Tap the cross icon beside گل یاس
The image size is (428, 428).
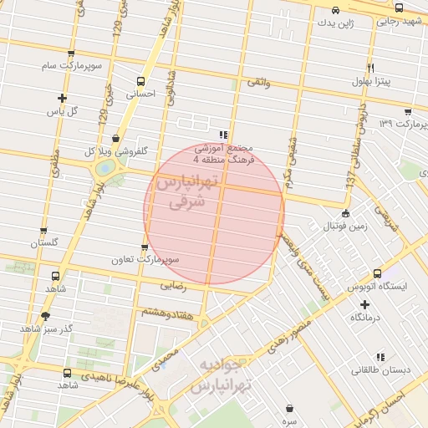coord(62,98)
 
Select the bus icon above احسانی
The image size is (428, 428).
coord(140,82)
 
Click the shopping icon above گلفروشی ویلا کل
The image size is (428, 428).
coord(115,139)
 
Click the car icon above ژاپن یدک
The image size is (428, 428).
coord(335,10)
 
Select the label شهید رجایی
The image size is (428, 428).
coord(392,22)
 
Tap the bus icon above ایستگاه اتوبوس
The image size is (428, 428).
coord(377,273)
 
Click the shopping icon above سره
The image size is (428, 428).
coord(289,409)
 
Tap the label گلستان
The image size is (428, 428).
coord(47,243)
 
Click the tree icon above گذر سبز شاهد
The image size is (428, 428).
coord(45,316)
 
